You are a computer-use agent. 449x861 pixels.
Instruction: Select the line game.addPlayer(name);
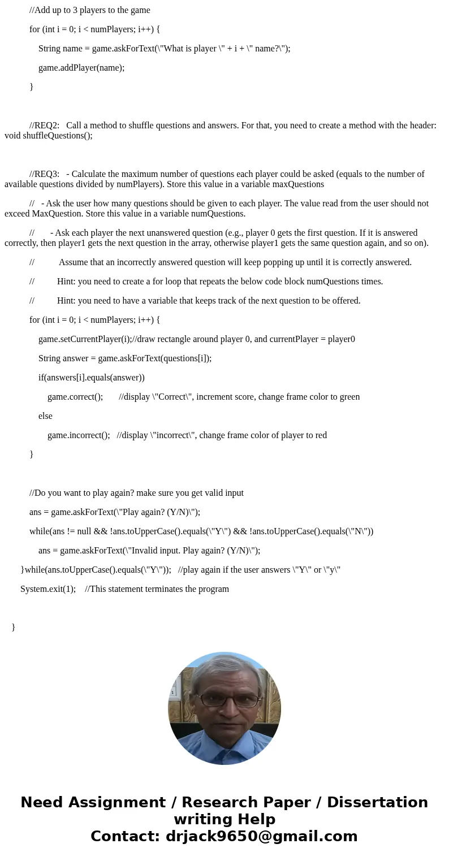click(81, 68)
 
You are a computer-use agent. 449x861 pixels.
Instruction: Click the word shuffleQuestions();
click(48, 136)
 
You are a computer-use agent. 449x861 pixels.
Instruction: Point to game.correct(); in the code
click(75, 397)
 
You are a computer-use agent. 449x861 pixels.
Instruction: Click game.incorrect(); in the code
click(79, 435)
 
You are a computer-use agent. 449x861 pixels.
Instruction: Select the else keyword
click(45, 416)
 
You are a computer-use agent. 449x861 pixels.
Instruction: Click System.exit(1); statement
click(48, 589)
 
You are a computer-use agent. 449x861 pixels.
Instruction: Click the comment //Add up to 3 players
click(90, 10)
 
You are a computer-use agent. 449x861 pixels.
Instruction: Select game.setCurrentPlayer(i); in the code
click(85, 339)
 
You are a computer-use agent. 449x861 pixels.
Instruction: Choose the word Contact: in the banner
click(125, 836)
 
